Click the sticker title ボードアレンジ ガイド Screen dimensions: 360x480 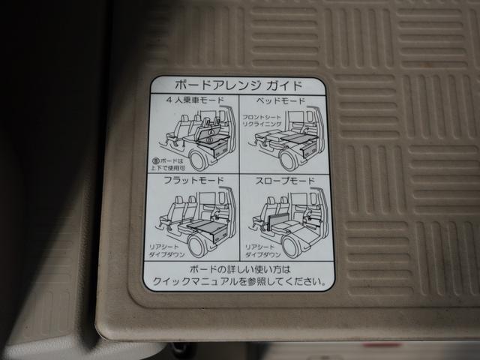point(238,85)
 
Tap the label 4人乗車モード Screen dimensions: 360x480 point(191,100)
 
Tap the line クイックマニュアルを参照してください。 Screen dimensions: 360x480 point(238,282)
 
